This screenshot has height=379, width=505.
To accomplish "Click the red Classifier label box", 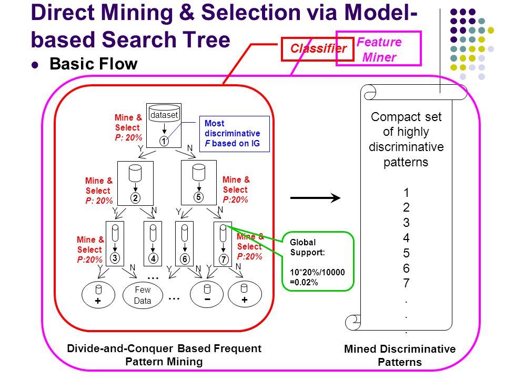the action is pos(318,49).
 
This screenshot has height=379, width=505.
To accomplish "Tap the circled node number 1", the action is pos(164,141).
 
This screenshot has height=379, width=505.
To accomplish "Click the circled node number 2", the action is pos(135,198).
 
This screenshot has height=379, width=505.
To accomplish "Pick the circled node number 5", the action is pos(198,197).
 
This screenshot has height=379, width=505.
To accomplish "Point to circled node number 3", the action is pos(115,258).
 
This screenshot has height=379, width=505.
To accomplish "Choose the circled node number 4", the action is pos(153,258).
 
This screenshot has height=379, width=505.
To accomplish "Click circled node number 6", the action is pos(185,259).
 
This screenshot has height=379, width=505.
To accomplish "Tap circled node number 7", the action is pos(224,260).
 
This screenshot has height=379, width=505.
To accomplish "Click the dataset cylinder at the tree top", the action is pos(164,114).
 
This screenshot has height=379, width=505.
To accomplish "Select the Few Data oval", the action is pos(143,295).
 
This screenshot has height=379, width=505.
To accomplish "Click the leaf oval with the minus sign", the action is pos(207,294).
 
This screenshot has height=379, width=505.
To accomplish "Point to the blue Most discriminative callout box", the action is pos(235,134).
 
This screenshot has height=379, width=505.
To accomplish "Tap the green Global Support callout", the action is pos(318,262).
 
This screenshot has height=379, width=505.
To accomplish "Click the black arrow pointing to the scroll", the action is pos(315,198).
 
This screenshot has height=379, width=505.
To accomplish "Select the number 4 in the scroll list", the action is pos(406,238).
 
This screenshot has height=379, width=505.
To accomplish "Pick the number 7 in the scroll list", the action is pos(407,283).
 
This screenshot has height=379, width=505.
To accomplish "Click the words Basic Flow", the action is pos(94,64).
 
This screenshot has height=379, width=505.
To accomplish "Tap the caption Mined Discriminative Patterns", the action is pos(400,355).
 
